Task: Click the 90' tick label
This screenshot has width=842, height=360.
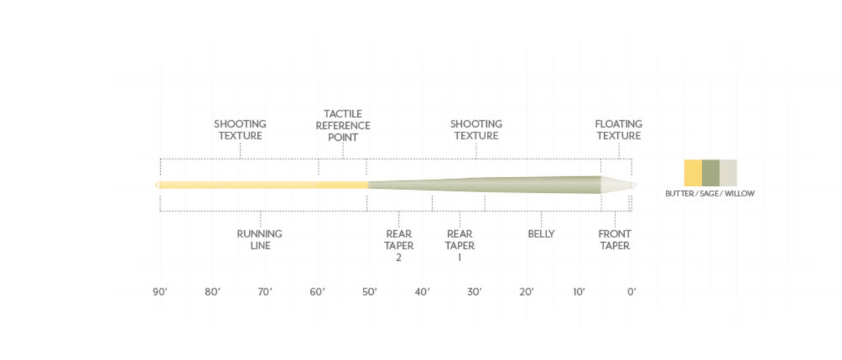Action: (160, 292)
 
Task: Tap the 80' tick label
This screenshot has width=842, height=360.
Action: (212, 292)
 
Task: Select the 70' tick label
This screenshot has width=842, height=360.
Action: (265, 292)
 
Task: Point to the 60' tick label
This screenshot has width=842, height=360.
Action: (317, 292)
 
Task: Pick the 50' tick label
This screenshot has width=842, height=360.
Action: (370, 292)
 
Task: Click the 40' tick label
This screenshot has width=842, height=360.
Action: (422, 292)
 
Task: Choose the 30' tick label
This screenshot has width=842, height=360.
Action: (474, 292)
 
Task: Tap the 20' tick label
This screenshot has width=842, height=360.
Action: (526, 292)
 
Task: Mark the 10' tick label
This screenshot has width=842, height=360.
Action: (579, 292)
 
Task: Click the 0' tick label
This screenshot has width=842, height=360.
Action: (631, 292)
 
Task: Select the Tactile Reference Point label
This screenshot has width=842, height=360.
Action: (343, 126)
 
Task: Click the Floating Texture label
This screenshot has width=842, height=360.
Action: (619, 130)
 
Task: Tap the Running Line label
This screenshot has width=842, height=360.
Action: (259, 239)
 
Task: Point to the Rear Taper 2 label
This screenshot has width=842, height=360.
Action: (399, 246)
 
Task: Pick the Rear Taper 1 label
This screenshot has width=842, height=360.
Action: (460, 246)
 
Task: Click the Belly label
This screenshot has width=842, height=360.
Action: (541, 234)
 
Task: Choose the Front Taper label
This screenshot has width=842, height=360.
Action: (615, 239)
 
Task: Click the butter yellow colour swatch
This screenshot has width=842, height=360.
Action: (693, 173)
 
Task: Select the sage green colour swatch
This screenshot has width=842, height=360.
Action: (710, 173)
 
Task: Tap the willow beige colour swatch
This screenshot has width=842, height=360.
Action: (728, 173)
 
